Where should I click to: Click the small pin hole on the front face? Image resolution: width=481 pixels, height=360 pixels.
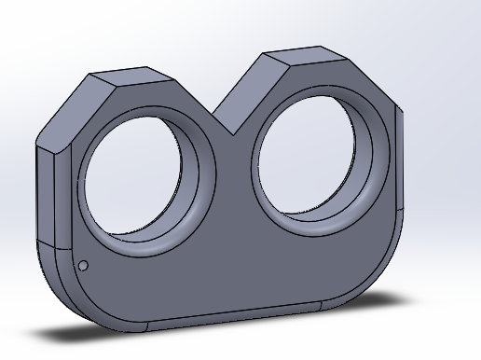(83, 266)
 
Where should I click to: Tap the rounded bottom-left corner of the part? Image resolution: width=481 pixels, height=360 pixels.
(70, 298)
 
